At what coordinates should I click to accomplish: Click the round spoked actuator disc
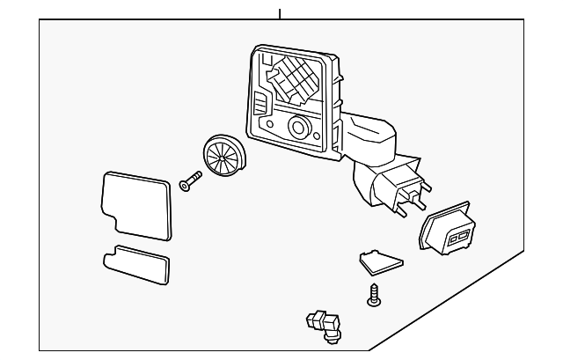point(223,157)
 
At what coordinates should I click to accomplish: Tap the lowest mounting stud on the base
point(401,213)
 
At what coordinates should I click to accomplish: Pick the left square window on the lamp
point(454,238)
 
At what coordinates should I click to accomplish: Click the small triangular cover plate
point(379,261)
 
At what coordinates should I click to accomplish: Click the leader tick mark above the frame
point(279,13)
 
